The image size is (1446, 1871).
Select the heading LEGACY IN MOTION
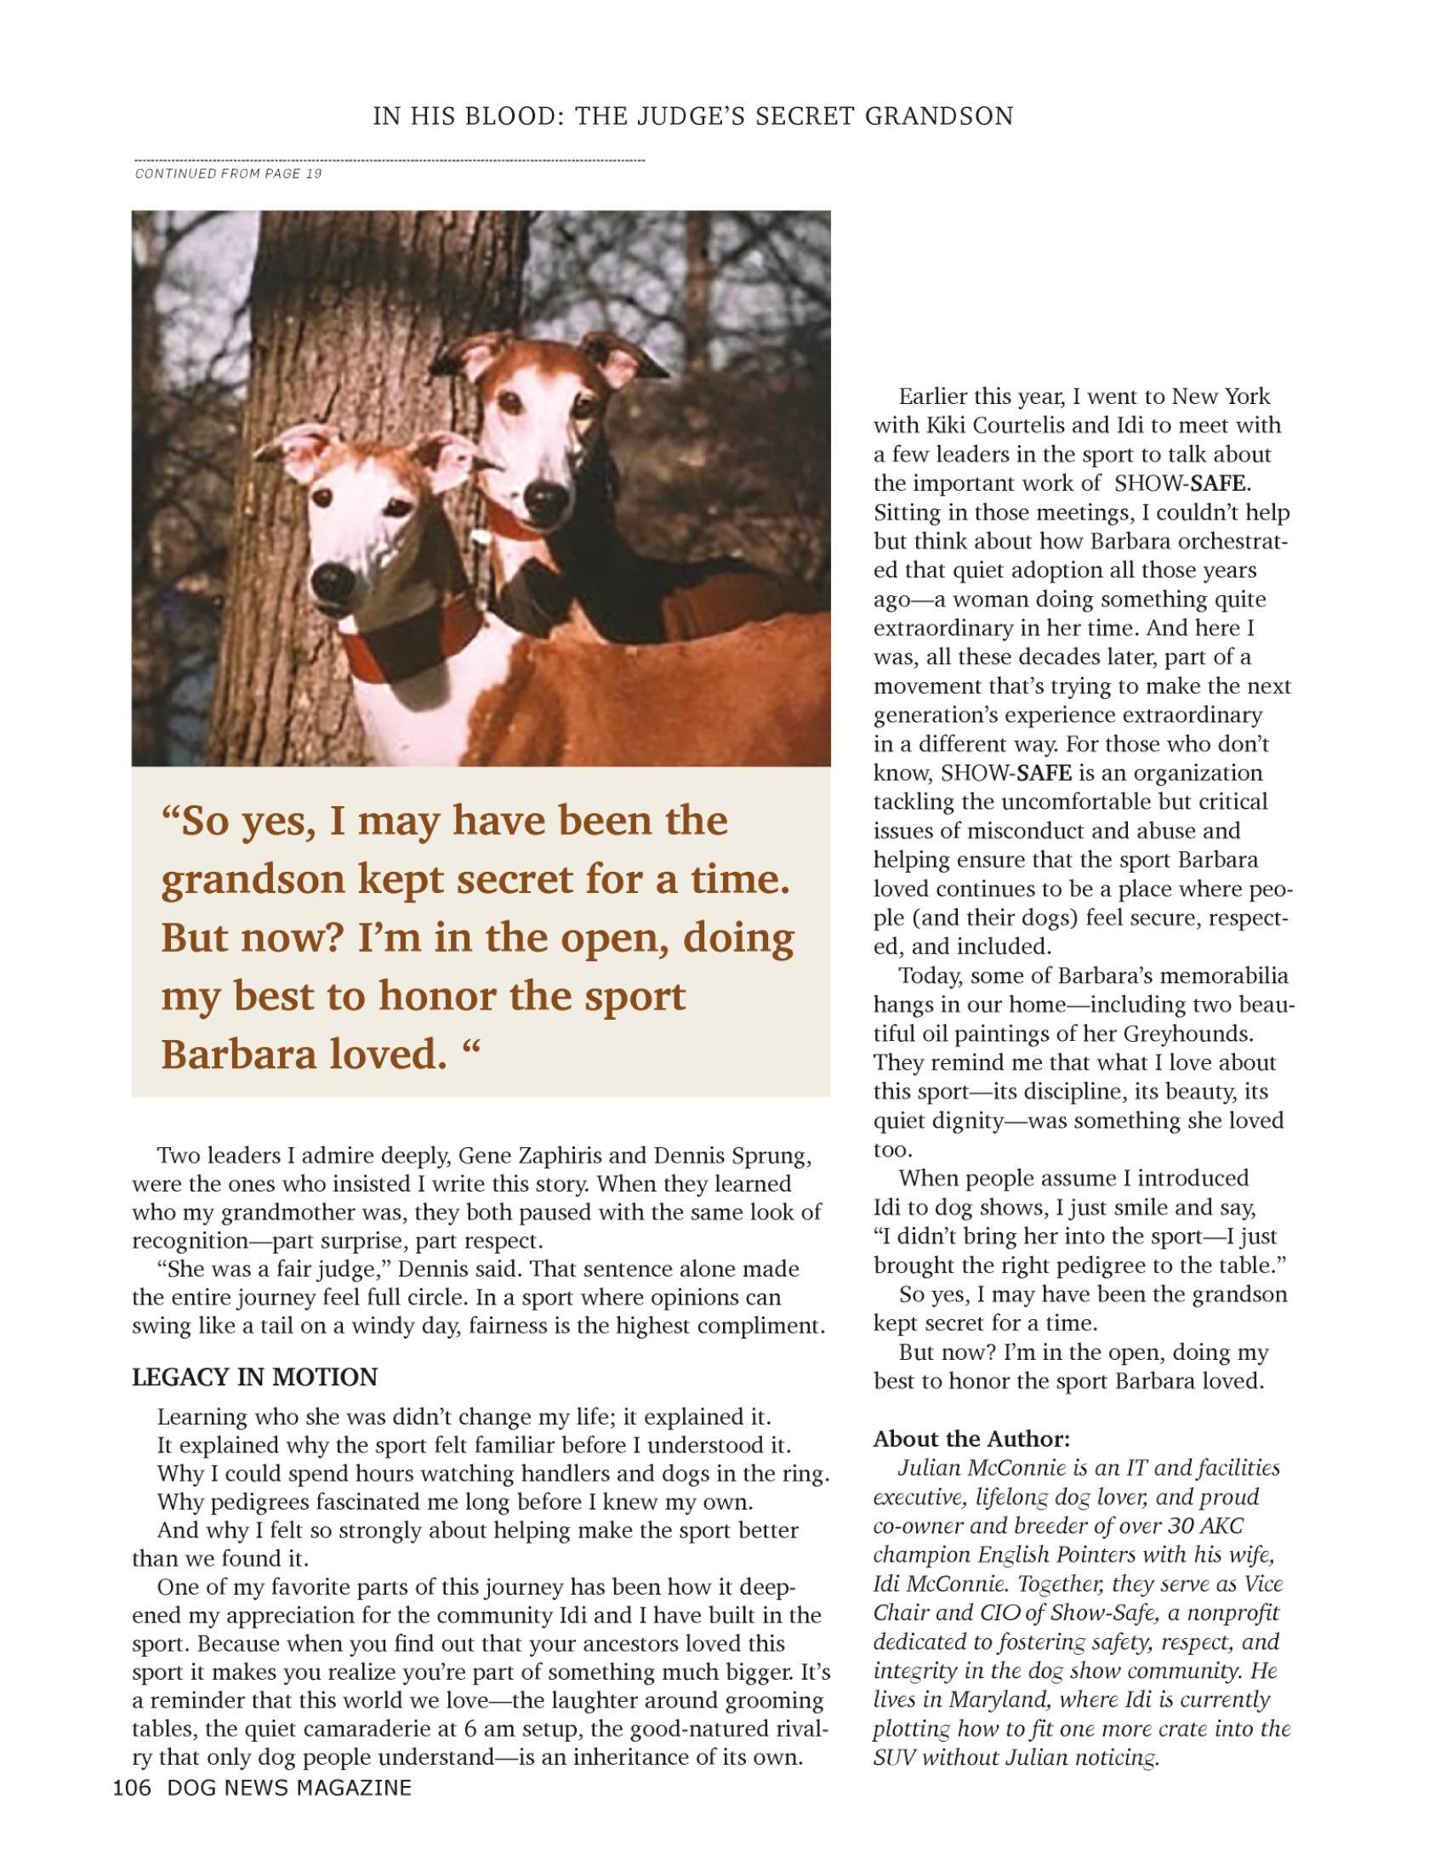click(x=254, y=1377)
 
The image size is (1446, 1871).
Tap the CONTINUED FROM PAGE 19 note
click(x=229, y=173)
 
